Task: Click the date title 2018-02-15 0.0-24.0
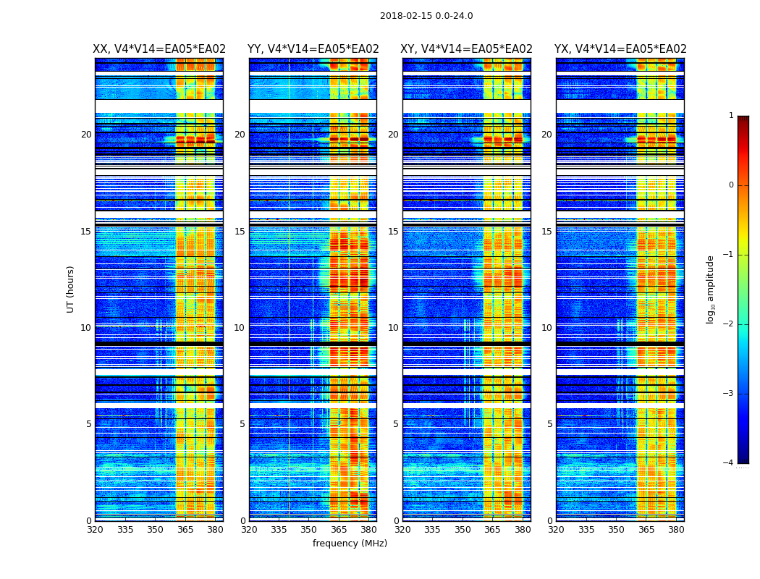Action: click(x=426, y=16)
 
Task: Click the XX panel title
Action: click(x=159, y=49)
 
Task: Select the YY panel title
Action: click(x=313, y=49)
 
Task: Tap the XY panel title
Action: click(x=467, y=49)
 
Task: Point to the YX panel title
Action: click(x=620, y=49)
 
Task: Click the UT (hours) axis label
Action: click(x=71, y=289)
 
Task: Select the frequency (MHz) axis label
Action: click(x=350, y=544)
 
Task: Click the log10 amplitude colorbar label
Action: click(x=711, y=289)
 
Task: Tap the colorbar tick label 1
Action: click(x=731, y=116)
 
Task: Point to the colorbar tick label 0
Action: click(x=731, y=185)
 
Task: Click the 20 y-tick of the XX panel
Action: click(x=86, y=135)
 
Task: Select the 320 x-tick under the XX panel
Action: click(x=95, y=530)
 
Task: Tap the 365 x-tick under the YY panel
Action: click(x=339, y=530)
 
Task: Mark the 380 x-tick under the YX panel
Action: click(x=676, y=530)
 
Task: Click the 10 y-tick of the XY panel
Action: click(x=393, y=328)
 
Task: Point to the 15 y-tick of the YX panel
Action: click(x=546, y=232)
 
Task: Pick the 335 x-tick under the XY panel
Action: click(x=433, y=530)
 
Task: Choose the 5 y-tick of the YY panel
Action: click(x=242, y=424)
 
